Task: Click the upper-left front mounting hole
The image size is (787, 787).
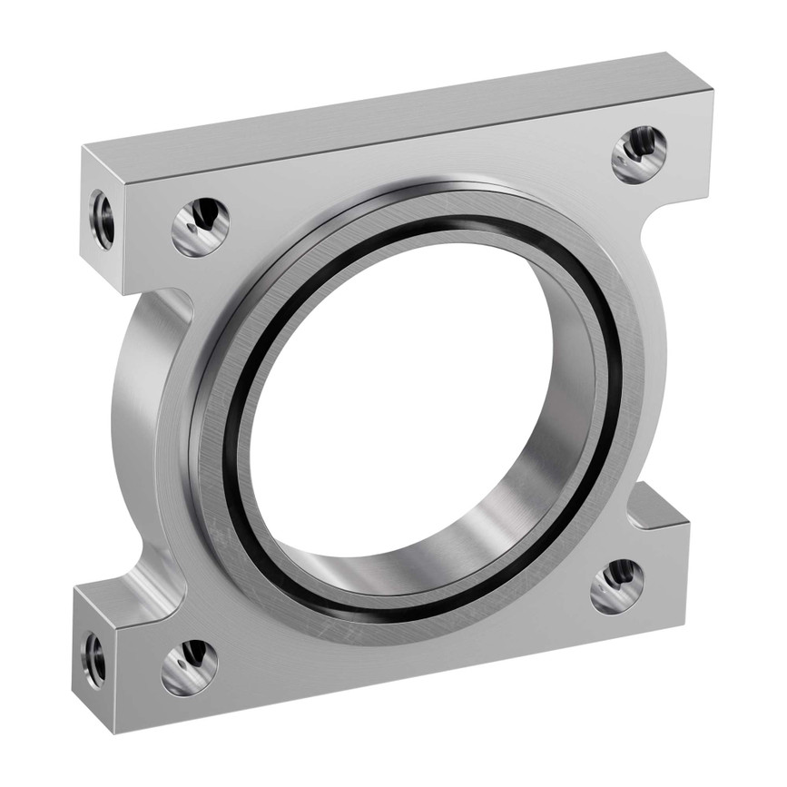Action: coord(200,226)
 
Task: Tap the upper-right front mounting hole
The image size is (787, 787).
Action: coord(639,153)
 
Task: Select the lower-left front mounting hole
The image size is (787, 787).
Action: coord(190,667)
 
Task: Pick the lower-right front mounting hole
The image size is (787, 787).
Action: coord(617,586)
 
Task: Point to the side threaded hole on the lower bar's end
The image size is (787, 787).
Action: coord(94,658)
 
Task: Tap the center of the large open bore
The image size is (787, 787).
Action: coord(408,399)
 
